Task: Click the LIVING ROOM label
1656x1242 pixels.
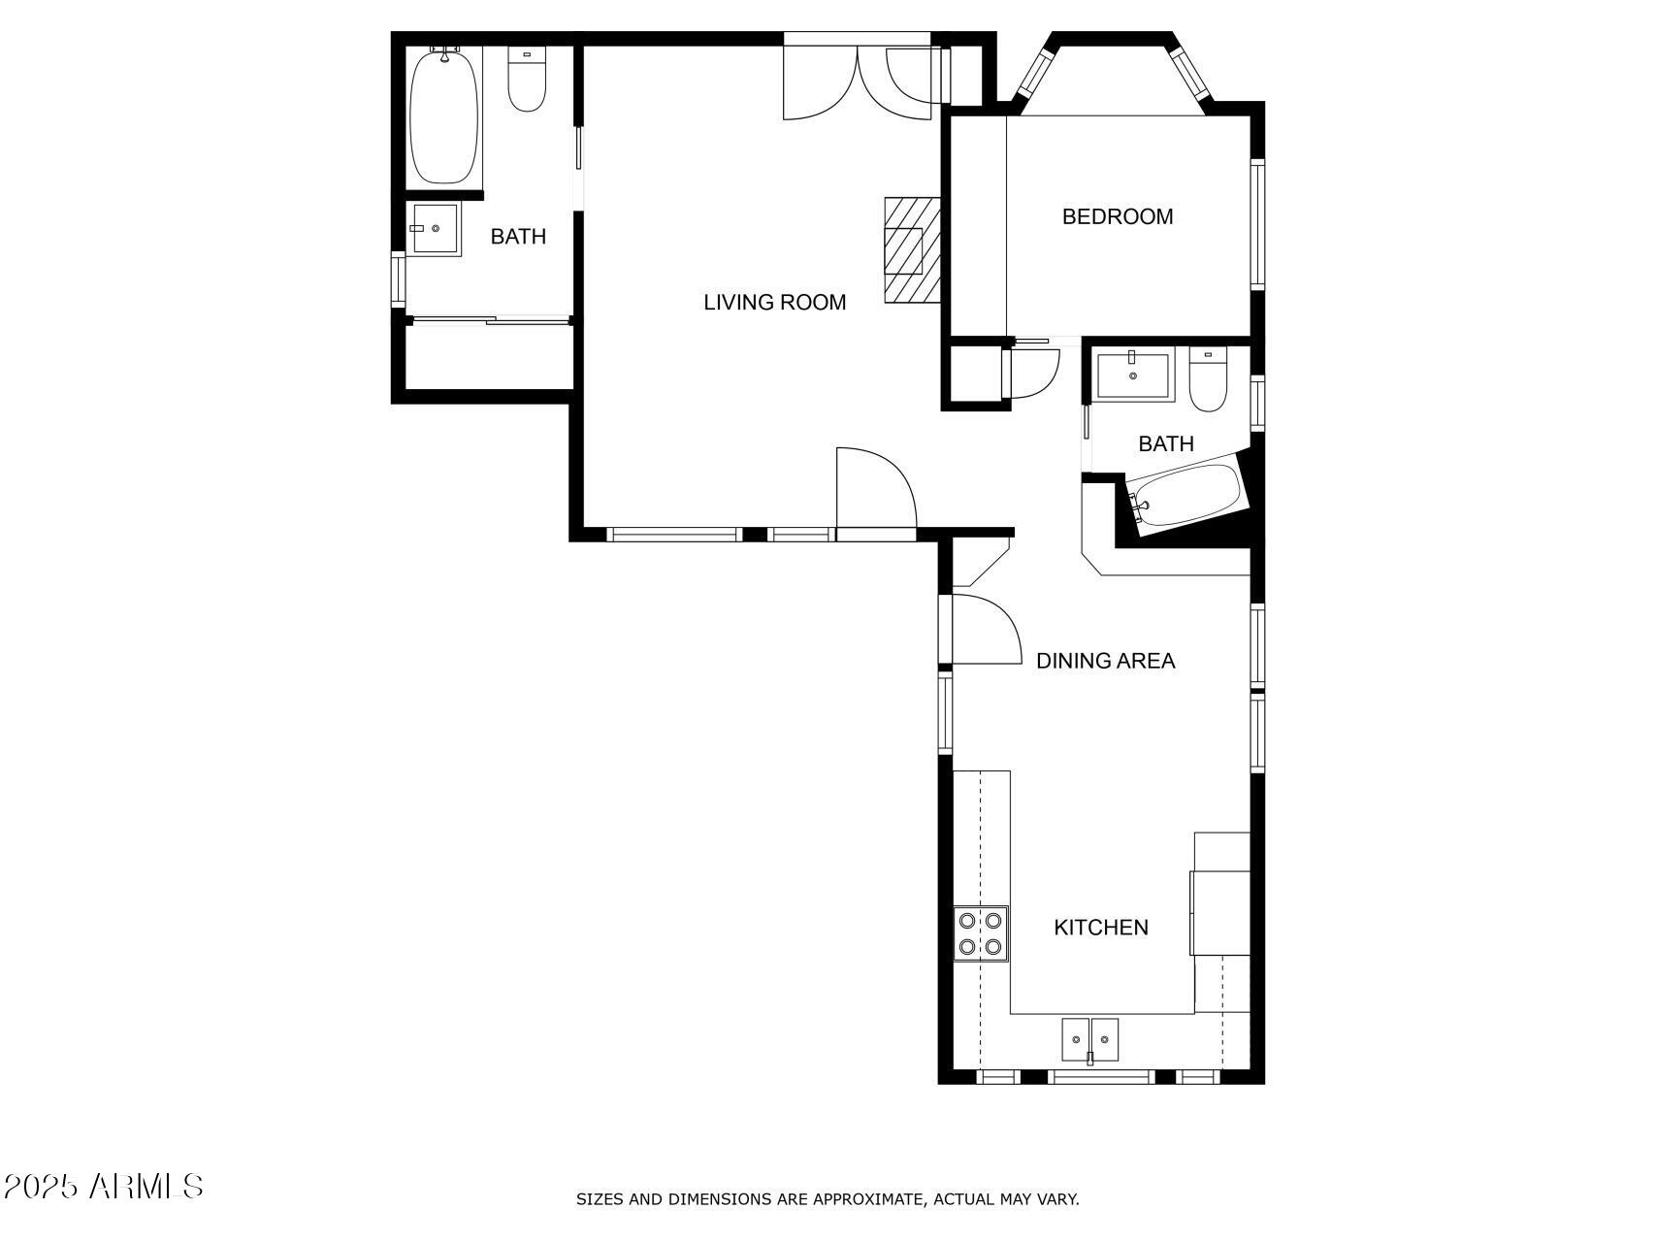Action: click(774, 303)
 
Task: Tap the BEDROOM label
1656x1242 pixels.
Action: click(1117, 216)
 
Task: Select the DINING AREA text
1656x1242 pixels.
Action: click(1105, 661)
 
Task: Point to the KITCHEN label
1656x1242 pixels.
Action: click(1101, 928)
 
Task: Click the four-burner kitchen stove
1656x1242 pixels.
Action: click(981, 932)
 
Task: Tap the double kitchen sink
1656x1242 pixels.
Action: click(1089, 1040)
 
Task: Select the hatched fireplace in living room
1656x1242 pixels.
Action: click(912, 250)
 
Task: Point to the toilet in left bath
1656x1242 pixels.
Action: click(527, 81)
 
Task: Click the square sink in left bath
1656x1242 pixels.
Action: click(434, 229)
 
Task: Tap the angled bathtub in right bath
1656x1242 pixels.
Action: click(1187, 496)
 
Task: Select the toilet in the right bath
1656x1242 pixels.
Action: click(1208, 381)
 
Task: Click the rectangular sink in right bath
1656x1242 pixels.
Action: click(1133, 376)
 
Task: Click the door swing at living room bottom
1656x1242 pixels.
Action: click(873, 490)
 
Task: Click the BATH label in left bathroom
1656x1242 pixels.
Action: click(518, 237)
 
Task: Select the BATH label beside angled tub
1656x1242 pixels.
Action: click(1165, 444)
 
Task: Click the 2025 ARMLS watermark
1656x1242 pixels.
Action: click(103, 1186)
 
